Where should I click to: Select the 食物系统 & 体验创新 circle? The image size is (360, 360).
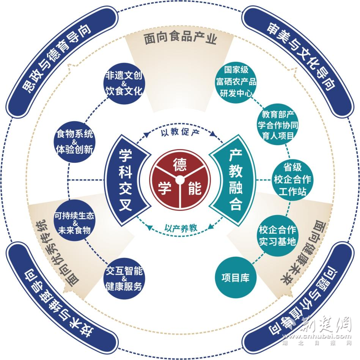[74, 141]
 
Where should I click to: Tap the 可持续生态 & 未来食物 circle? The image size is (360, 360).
[74, 222]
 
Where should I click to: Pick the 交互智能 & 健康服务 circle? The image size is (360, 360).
[124, 279]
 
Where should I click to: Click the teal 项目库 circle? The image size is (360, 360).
[235, 277]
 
